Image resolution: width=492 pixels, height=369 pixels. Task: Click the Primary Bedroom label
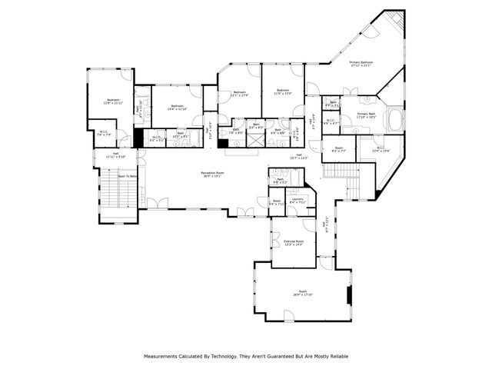361,64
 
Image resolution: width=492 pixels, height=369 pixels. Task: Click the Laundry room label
298,202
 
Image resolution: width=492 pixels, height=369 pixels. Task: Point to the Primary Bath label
367,116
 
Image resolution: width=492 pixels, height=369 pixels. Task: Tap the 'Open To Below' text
128,176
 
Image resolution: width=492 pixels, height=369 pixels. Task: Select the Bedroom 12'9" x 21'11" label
113,102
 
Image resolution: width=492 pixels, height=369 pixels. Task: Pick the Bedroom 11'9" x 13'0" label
282,91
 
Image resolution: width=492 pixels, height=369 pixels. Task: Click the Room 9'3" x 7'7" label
339,150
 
